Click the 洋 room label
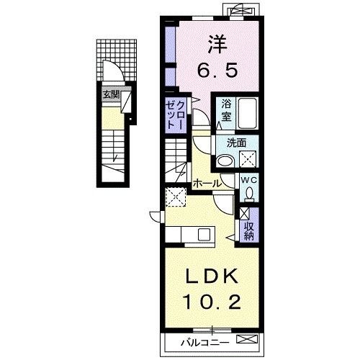point(217,45)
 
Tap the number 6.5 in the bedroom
point(217,70)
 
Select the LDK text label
point(212,276)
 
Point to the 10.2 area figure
point(212,302)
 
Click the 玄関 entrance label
point(111,95)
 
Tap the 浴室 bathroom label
point(226,110)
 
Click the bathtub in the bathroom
point(248,113)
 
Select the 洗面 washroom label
point(236,143)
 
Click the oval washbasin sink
point(225,161)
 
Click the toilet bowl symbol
point(250,194)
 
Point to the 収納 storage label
point(249,231)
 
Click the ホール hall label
point(207,184)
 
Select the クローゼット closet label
point(176,115)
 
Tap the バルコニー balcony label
point(204,343)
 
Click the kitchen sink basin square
point(204,235)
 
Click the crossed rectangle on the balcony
point(247,339)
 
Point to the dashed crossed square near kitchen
point(176,197)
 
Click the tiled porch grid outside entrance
point(117,60)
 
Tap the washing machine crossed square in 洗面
point(248,158)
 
